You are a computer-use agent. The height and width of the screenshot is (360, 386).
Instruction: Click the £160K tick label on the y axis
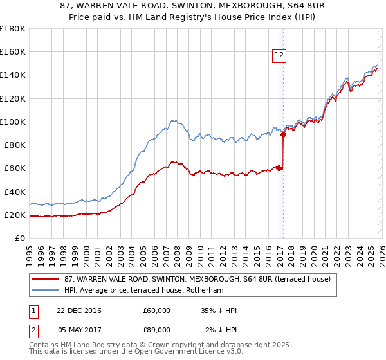tap(13, 51)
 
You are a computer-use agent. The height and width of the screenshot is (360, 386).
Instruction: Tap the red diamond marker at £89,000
tap(283, 135)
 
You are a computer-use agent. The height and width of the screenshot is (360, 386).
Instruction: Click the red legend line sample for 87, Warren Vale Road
tap(45, 279)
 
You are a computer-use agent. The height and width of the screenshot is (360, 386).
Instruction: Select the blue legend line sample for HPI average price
tap(45, 290)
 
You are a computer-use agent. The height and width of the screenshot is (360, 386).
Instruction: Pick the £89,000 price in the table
tap(157, 329)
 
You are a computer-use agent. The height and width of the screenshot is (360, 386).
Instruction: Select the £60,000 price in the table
tap(157, 310)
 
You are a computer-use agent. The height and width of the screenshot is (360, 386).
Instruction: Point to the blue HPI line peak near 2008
tap(172, 120)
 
